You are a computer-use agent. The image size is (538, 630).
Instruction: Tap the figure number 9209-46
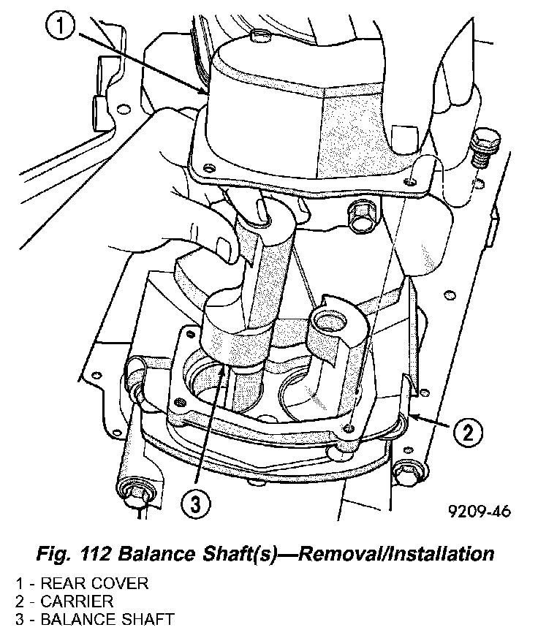coord(479,510)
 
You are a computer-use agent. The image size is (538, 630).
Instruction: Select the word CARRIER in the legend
coord(77,601)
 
